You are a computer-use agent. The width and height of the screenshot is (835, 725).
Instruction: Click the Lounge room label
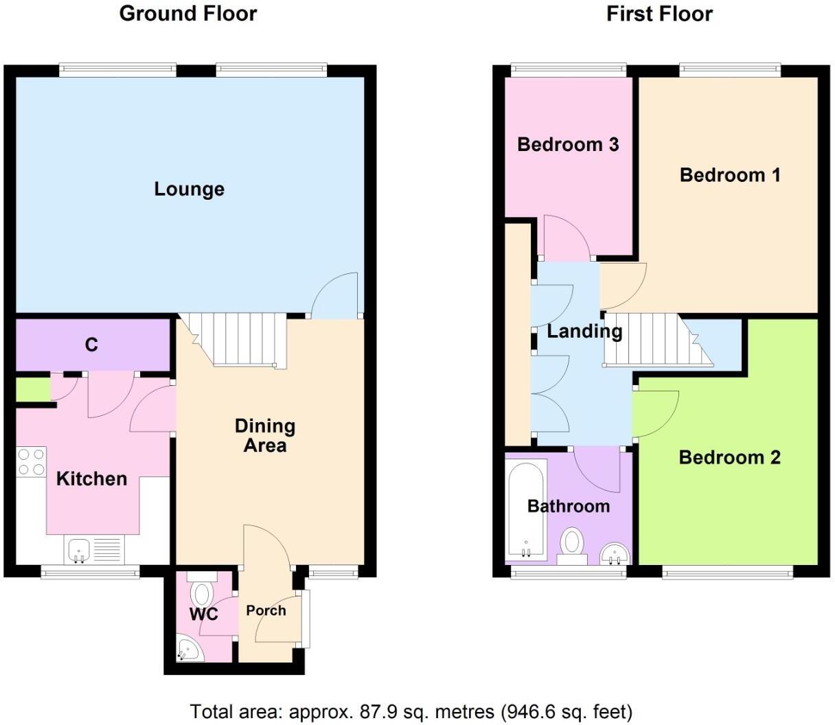(189, 189)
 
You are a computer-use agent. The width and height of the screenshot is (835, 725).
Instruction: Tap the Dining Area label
(265, 435)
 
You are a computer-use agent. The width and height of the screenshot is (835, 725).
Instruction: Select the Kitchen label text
(91, 479)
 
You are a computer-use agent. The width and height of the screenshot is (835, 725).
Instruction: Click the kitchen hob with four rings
(31, 461)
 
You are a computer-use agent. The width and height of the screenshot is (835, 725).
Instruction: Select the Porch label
(266, 610)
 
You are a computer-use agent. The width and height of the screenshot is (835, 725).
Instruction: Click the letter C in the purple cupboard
(91, 345)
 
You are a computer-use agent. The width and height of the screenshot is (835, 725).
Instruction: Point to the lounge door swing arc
(333, 294)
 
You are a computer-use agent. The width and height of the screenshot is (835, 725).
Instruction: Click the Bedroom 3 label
(568, 144)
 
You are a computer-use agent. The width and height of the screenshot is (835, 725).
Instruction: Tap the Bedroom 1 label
(730, 175)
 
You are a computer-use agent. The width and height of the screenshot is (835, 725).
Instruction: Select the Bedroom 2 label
(729, 457)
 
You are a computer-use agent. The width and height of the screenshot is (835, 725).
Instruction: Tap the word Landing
(584, 331)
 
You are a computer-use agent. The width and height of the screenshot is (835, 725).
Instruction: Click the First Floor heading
(659, 14)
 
